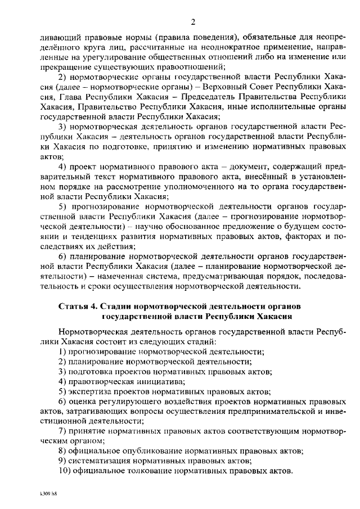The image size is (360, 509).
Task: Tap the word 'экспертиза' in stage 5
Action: (x=93, y=391)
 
